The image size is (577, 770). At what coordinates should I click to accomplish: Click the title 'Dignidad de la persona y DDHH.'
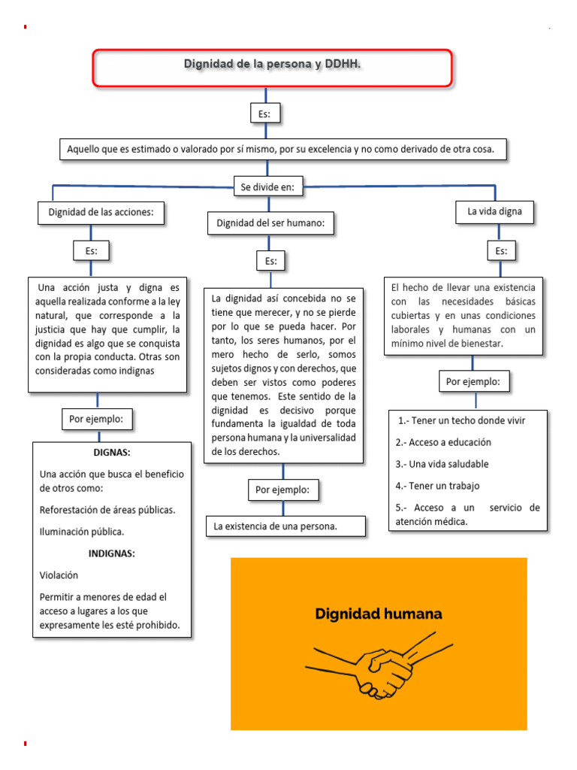click(272, 65)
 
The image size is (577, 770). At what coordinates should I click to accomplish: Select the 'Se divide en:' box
click(267, 187)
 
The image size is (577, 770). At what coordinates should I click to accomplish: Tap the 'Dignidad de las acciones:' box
click(101, 213)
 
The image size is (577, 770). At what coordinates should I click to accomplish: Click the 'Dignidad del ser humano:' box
click(270, 223)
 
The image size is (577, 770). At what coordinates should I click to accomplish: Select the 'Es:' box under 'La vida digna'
click(501, 251)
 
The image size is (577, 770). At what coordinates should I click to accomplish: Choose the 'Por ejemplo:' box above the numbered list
click(475, 382)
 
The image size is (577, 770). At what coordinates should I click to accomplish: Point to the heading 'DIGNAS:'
click(111, 453)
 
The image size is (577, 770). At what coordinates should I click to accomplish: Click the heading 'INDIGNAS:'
click(111, 553)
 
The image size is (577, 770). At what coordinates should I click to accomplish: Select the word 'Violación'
click(59, 574)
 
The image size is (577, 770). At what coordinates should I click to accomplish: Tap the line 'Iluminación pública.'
click(81, 532)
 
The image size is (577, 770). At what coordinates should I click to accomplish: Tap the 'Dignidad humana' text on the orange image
click(378, 614)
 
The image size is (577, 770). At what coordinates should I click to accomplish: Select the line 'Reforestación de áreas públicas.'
click(107, 510)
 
